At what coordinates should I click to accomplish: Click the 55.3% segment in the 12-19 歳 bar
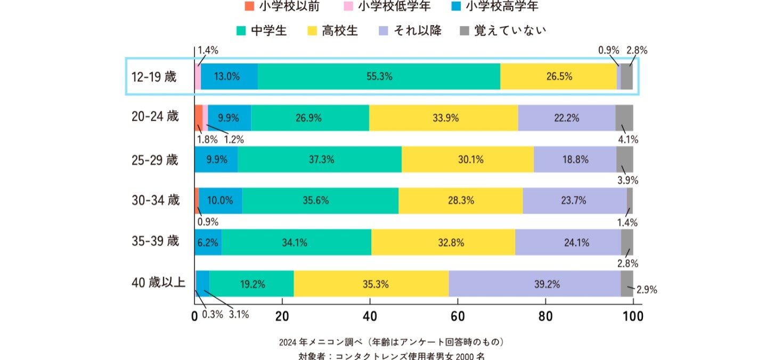(379, 76)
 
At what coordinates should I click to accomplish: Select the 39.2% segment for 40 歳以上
(534, 284)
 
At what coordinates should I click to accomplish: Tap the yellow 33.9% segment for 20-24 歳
(443, 118)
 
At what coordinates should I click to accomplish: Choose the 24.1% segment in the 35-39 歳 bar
(568, 243)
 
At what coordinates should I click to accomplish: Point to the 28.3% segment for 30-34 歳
(460, 201)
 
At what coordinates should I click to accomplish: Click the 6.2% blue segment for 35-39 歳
(208, 243)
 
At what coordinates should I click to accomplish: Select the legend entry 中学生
(262, 30)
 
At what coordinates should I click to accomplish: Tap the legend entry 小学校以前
(282, 6)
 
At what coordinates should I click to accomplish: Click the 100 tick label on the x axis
(633, 316)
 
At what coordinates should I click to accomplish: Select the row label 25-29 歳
(155, 159)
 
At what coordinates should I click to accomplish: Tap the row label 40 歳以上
(158, 283)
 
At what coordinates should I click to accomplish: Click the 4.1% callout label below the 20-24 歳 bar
(628, 140)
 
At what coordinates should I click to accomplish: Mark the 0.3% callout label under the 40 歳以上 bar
(213, 314)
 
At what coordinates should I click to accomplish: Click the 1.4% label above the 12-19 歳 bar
(208, 51)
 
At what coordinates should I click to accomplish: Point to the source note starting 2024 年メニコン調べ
(391, 341)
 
